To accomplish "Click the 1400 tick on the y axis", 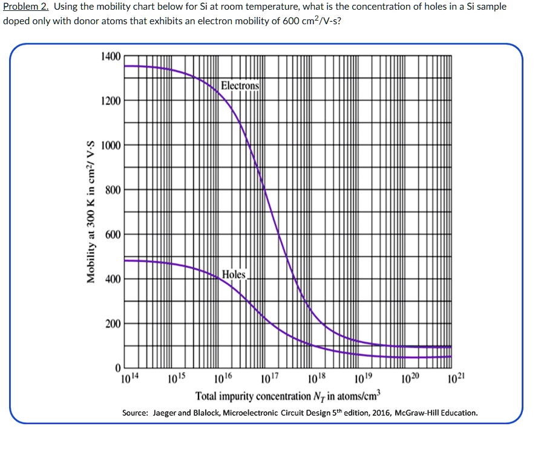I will coord(111,56).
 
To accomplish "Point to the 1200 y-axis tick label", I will coord(111,101).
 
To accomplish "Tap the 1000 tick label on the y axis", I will coord(111,145).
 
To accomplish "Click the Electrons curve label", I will coord(240,85).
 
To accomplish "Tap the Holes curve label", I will coord(234,274).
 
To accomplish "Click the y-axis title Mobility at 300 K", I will coord(91,212).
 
